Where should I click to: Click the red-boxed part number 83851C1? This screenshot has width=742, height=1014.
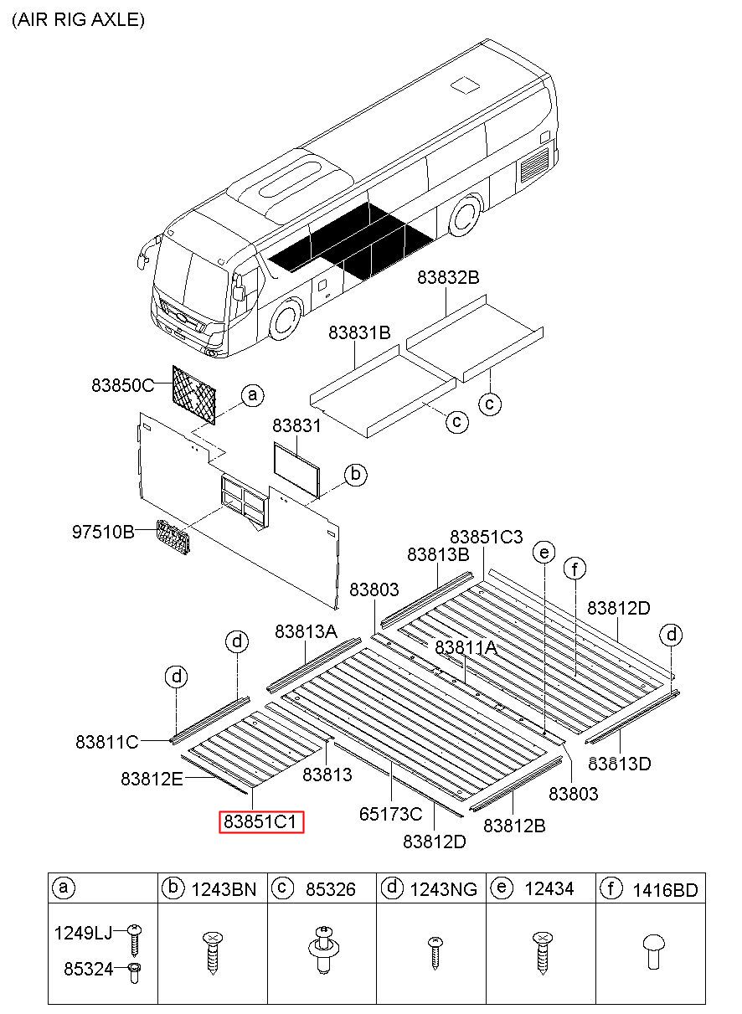pyautogui.click(x=262, y=821)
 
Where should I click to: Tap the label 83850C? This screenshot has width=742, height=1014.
pyautogui.click(x=123, y=386)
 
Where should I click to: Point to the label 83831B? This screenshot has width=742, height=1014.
pyautogui.click(x=359, y=332)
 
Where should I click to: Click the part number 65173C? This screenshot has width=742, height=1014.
pyautogui.click(x=391, y=813)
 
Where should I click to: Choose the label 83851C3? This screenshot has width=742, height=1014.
pyautogui.click(x=486, y=537)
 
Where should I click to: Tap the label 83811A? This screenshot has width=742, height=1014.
pyautogui.click(x=466, y=647)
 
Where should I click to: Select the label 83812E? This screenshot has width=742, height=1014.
pyautogui.click(x=152, y=779)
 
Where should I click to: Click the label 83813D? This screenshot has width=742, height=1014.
pyautogui.click(x=620, y=763)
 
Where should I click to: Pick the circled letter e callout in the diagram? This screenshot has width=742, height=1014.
pyautogui.click(x=544, y=552)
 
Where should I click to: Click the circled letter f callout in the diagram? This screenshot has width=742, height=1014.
pyautogui.click(x=575, y=569)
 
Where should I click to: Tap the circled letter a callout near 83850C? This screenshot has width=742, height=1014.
pyautogui.click(x=252, y=395)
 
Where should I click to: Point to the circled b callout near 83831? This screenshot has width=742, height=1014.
pyautogui.click(x=355, y=476)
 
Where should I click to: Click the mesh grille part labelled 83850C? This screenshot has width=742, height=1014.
pyautogui.click(x=194, y=394)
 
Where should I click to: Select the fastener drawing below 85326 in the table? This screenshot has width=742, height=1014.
pyautogui.click(x=321, y=950)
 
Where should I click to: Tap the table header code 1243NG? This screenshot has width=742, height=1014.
pyautogui.click(x=442, y=888)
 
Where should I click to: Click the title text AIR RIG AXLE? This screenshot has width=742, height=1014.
pyautogui.click(x=78, y=20)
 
